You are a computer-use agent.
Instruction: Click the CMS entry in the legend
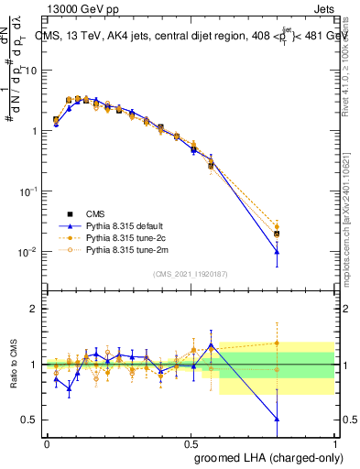pos(94,213)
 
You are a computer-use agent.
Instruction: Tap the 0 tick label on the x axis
pos(46,442)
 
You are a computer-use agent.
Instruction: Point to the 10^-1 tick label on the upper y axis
pos(27,191)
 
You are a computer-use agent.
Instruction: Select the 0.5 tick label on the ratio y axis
pos(30,420)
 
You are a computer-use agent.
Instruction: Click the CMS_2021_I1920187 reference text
pos(190,273)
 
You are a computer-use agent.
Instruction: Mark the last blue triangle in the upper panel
pos(276,252)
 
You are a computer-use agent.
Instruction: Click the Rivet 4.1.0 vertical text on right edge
pos(353,73)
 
